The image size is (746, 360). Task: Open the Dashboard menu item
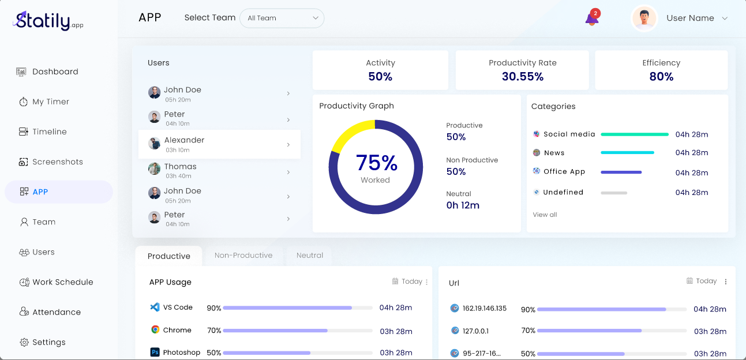coord(55,72)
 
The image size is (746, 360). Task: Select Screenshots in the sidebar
coord(57,162)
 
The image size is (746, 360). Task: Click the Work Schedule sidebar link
coord(62,282)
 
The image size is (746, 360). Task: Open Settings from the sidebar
coord(48,342)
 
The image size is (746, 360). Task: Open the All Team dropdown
coord(282,18)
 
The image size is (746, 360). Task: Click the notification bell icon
coord(591,19)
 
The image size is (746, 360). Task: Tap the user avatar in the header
coord(644,18)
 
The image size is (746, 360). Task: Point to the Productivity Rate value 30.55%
coord(522,77)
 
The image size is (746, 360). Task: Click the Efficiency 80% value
coord(661,77)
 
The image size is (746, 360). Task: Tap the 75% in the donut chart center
coord(376,163)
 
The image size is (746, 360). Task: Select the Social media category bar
coord(634,134)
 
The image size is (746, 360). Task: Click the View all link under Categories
coord(545,215)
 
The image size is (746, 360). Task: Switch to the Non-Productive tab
coord(243,256)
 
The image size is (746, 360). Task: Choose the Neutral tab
coord(310,256)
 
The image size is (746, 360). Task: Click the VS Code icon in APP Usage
coord(155,307)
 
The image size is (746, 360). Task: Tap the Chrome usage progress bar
coord(297,331)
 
